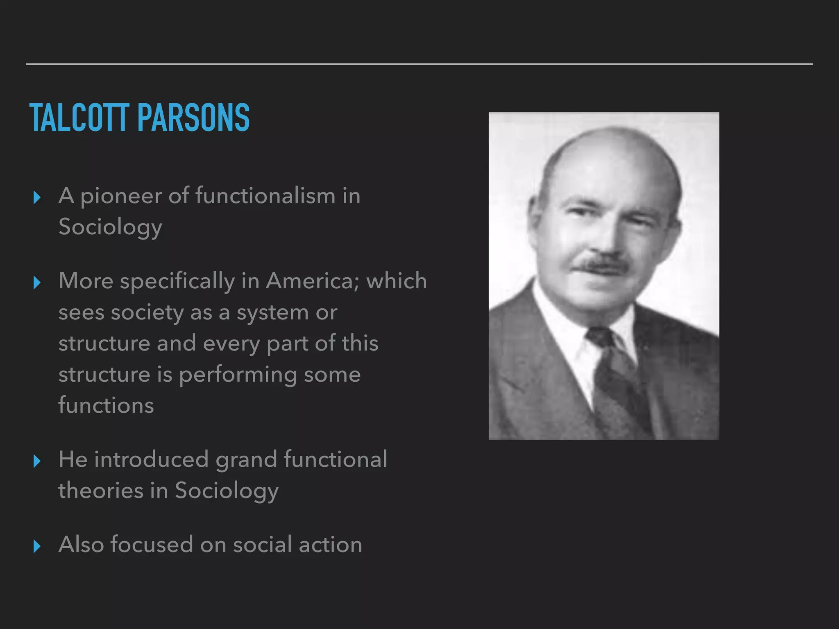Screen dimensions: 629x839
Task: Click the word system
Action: tap(272, 313)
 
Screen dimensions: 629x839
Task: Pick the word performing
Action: tap(238, 375)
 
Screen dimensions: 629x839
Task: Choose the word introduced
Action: tap(151, 459)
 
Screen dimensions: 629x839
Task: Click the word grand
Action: tap(246, 460)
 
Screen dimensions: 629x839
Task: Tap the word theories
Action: tap(101, 490)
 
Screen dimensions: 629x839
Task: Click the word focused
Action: tap(152, 545)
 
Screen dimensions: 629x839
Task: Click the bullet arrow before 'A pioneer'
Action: tap(37, 198)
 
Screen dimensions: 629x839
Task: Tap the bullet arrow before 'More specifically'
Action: tap(37, 283)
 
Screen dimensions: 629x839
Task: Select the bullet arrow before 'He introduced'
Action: tap(37, 461)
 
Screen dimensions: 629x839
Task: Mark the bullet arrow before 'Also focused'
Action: tap(37, 546)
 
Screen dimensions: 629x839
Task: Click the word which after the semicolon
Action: tap(397, 281)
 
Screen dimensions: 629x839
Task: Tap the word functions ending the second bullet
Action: tap(106, 405)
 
